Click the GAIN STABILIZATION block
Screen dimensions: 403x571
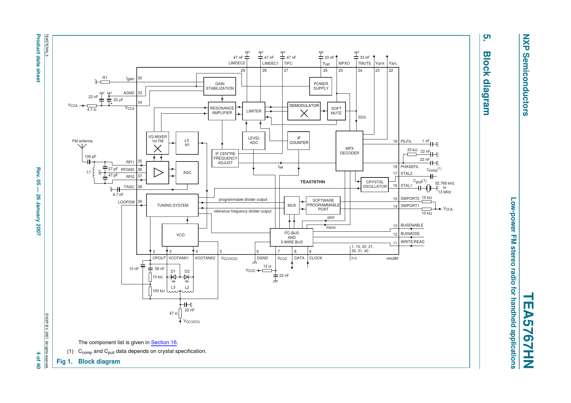[x=219, y=86]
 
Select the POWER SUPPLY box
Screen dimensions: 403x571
[x=321, y=86]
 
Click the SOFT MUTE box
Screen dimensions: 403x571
[x=336, y=111]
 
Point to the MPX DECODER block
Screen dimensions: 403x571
[x=349, y=151]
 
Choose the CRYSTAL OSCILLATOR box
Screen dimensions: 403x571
[x=374, y=184]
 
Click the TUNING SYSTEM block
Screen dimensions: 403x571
[x=172, y=205]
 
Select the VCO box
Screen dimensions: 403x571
[x=180, y=235]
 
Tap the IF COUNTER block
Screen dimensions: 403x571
[x=299, y=140]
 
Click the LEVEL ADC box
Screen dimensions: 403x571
[x=254, y=140]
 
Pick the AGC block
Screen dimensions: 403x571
[x=187, y=173]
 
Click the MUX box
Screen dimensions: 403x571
[x=291, y=205]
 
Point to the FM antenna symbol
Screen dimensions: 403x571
[x=82, y=147]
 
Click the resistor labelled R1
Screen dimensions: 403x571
[x=105, y=82]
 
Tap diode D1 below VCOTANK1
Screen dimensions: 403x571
[x=173, y=277]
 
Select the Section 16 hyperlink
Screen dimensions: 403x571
[x=164, y=343]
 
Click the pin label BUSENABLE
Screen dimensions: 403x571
[x=412, y=225]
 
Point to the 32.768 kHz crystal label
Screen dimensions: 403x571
[x=444, y=183]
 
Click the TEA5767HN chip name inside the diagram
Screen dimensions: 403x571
[x=313, y=182]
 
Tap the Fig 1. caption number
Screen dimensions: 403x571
[x=64, y=362]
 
